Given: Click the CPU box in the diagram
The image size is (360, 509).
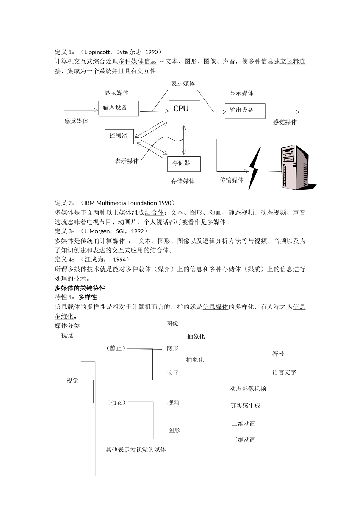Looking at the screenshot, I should tap(184, 112).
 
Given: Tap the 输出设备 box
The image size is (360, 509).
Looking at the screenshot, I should tap(245, 111).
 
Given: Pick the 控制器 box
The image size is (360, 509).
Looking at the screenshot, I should tap(119, 136).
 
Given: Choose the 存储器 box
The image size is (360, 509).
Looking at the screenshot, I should tap(184, 164).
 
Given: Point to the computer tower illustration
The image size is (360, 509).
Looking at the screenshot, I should tap(296, 167).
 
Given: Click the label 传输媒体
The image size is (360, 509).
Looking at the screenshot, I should tap(232, 180).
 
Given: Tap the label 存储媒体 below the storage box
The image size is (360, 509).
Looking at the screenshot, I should tap(183, 181).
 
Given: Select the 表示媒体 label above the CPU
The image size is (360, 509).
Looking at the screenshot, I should tap(183, 84).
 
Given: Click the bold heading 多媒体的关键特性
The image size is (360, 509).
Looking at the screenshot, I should tap(80, 288).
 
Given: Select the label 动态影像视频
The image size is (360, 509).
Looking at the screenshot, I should tap(248, 389).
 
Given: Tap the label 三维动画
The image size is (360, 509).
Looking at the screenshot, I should tap(244, 440).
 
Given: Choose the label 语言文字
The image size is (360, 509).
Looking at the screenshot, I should tap(284, 372).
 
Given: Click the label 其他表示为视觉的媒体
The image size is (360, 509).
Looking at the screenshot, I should tap(136, 450).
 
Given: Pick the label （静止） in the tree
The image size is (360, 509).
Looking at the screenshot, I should tap(116, 348).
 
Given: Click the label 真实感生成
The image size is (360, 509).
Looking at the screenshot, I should tap(245, 406).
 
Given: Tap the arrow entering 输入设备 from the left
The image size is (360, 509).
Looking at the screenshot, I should tap(81, 110).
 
